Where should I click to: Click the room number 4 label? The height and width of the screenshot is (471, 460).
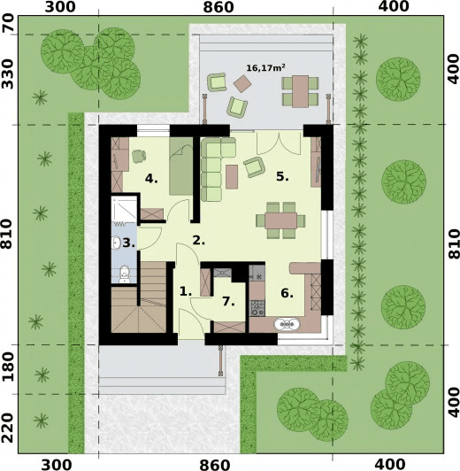pos(151,179)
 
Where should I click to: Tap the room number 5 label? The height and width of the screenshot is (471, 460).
pos(281,176)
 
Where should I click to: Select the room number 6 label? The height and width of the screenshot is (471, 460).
pos(287,293)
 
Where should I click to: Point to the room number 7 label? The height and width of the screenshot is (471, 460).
pos(227,301)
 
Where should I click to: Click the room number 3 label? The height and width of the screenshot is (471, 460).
pos(128,242)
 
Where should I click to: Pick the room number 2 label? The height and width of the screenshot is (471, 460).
pos(199,239)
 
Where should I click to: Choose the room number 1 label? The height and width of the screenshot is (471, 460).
pos(185,290)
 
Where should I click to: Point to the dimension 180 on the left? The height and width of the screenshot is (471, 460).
pos(10,367)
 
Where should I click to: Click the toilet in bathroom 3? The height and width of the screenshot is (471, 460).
pos(125,274)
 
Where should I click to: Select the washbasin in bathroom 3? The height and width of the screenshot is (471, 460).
pos(118,242)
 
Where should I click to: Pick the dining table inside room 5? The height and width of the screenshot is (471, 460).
pos(282,218)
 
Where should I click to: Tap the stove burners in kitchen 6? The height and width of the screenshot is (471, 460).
pos(259,309)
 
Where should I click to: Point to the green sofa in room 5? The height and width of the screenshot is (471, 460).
pos(211,168)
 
